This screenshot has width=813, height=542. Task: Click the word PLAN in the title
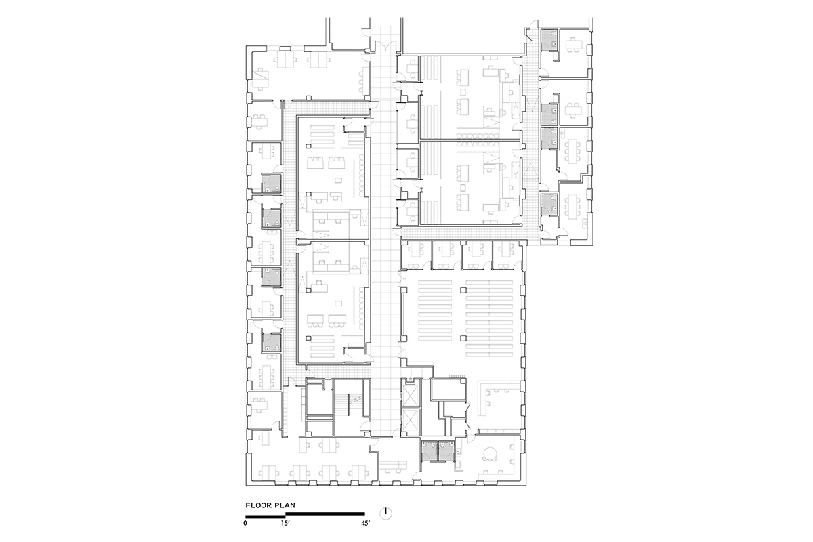285,505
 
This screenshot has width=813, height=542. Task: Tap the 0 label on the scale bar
245,523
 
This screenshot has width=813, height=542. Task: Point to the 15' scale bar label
286,523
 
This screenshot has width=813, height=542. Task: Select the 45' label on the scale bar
365,523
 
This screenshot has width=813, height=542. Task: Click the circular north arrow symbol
385,514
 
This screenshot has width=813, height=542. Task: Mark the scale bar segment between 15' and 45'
325,514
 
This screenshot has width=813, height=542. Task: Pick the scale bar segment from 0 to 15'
266,516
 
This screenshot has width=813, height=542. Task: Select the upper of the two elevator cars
411,396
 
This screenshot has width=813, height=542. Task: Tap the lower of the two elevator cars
411,421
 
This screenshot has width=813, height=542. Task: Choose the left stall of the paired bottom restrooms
430,451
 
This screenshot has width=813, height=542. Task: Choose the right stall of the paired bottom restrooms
446,451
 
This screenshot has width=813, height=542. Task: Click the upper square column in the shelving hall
463,290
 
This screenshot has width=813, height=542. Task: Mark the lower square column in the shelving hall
463,338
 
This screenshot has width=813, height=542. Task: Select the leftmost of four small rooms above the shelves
416,255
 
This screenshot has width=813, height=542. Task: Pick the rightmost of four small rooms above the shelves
507,255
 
